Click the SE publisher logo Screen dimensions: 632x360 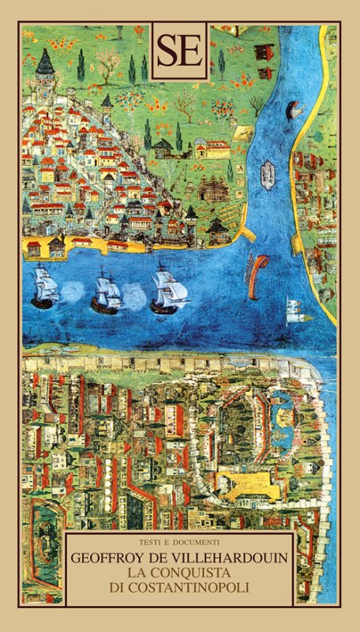(179, 51)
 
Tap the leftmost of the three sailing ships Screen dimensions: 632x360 (45, 288)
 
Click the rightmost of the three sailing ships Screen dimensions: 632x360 (169, 289)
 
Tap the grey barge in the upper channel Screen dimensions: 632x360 (266, 168)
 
